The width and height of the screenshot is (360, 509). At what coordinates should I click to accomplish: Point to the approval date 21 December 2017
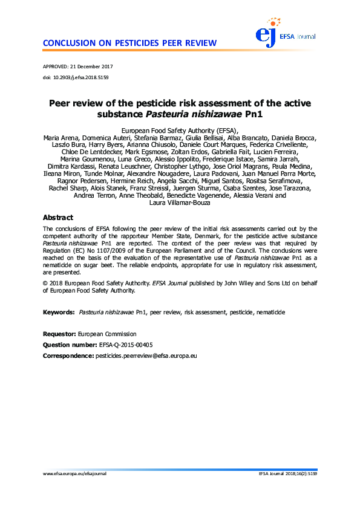pos(93,66)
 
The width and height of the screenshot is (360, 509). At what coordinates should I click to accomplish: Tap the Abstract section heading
pos(58,218)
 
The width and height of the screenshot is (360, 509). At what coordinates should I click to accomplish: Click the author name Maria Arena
pos(59,138)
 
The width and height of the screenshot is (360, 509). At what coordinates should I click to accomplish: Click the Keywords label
pos(59,313)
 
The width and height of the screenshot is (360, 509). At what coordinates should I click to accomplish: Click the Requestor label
pos(59,334)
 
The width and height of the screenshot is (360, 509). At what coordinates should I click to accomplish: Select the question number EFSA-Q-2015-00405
pos(126,345)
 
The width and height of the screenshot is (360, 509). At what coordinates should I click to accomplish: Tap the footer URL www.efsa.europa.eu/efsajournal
pos(74,491)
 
